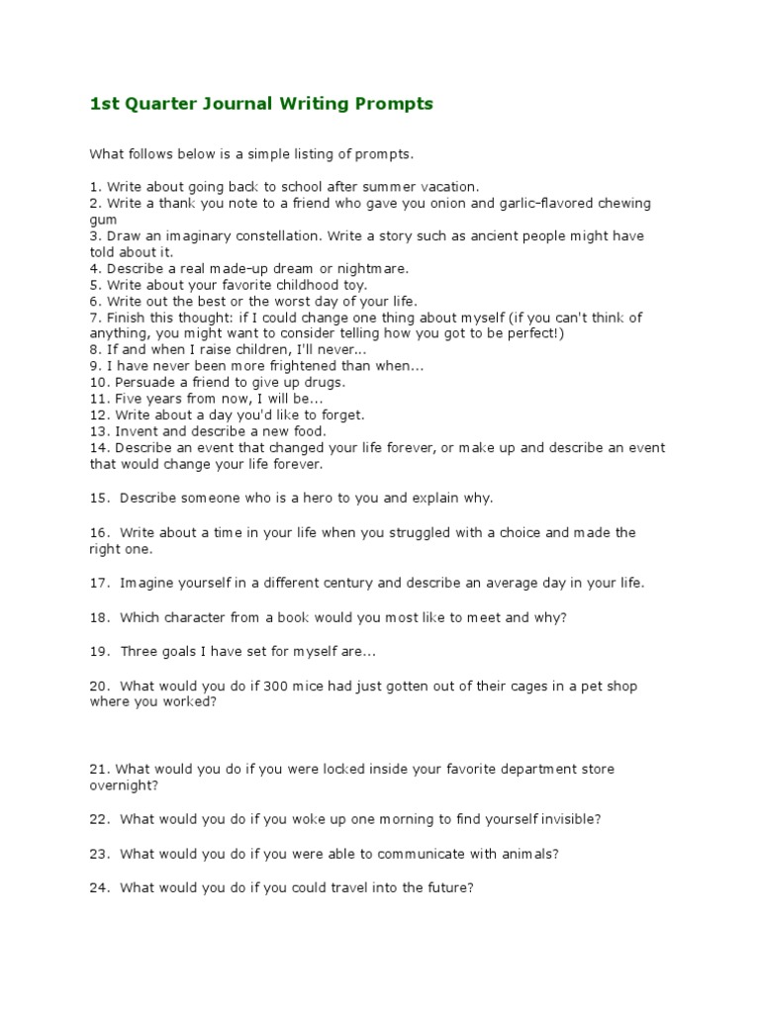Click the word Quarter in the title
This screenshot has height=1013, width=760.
157,104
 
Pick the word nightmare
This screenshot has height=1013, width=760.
372,268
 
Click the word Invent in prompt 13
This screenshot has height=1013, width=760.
135,431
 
